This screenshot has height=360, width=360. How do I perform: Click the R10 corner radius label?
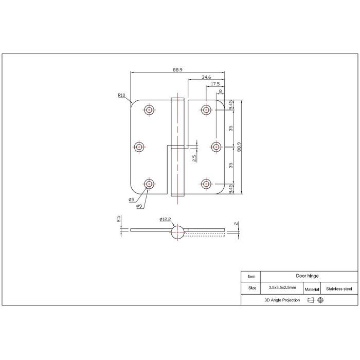(121, 95)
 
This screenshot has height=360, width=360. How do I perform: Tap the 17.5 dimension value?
(215, 83)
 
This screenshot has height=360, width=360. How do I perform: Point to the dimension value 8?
(221, 91)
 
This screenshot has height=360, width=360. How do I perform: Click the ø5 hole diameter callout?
(131, 200)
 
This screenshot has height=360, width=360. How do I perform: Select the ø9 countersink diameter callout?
(139, 207)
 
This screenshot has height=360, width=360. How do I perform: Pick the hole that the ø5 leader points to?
(149, 184)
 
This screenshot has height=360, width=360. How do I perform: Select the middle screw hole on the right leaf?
(217, 147)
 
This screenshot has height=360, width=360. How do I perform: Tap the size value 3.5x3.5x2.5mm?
(282, 289)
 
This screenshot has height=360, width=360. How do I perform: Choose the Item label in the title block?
(251, 276)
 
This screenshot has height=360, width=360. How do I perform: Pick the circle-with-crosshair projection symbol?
(320, 300)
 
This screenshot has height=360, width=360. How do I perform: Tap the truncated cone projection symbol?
(311, 300)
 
